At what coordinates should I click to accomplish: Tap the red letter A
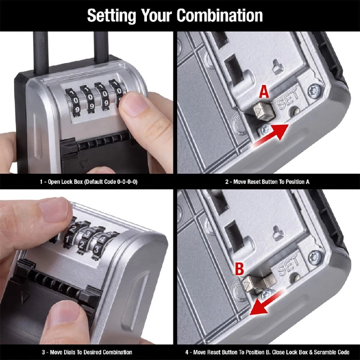[264, 93]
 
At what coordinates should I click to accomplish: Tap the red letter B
[239, 269]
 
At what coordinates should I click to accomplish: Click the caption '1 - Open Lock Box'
[88, 182]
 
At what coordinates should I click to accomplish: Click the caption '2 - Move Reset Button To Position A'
[267, 182]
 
